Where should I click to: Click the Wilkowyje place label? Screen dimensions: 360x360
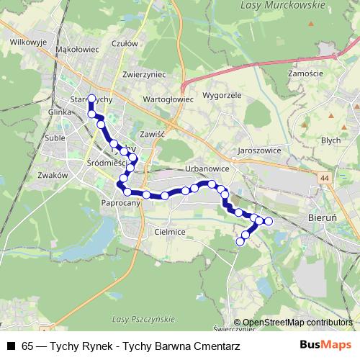point(29,42)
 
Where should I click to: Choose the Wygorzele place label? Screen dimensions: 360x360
point(221,95)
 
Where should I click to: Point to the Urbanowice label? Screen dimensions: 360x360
point(207,168)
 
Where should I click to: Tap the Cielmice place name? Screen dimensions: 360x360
point(170,232)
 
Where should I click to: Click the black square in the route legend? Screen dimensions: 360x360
point(11,346)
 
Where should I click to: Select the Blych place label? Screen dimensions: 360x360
point(331,140)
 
